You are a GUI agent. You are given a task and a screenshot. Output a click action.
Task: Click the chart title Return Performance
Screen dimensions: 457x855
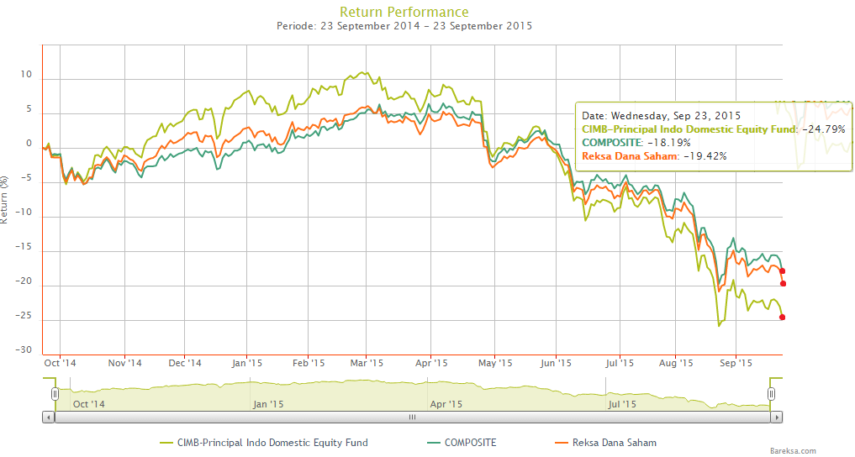(x=404, y=12)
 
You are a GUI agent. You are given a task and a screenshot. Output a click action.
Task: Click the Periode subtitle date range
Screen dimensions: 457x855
(x=404, y=26)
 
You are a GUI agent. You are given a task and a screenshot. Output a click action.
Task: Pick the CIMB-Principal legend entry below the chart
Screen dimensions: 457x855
(x=263, y=442)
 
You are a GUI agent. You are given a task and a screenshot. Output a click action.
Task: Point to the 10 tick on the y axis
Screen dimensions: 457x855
(x=27, y=75)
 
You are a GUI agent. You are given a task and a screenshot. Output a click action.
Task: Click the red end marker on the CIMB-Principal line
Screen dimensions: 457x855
(x=783, y=317)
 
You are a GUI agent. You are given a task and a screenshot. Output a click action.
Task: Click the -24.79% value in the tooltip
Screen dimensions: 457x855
(x=823, y=129)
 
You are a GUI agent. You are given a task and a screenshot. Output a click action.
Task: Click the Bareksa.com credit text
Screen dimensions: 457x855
(x=792, y=451)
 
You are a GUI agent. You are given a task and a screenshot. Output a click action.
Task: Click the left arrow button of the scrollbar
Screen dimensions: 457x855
(x=48, y=417)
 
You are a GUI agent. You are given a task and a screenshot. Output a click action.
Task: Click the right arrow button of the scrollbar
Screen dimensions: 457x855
(x=777, y=417)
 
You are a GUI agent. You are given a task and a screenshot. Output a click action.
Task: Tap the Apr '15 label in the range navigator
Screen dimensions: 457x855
(x=446, y=404)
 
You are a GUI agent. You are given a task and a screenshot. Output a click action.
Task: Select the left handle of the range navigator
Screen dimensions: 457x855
(x=55, y=393)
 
